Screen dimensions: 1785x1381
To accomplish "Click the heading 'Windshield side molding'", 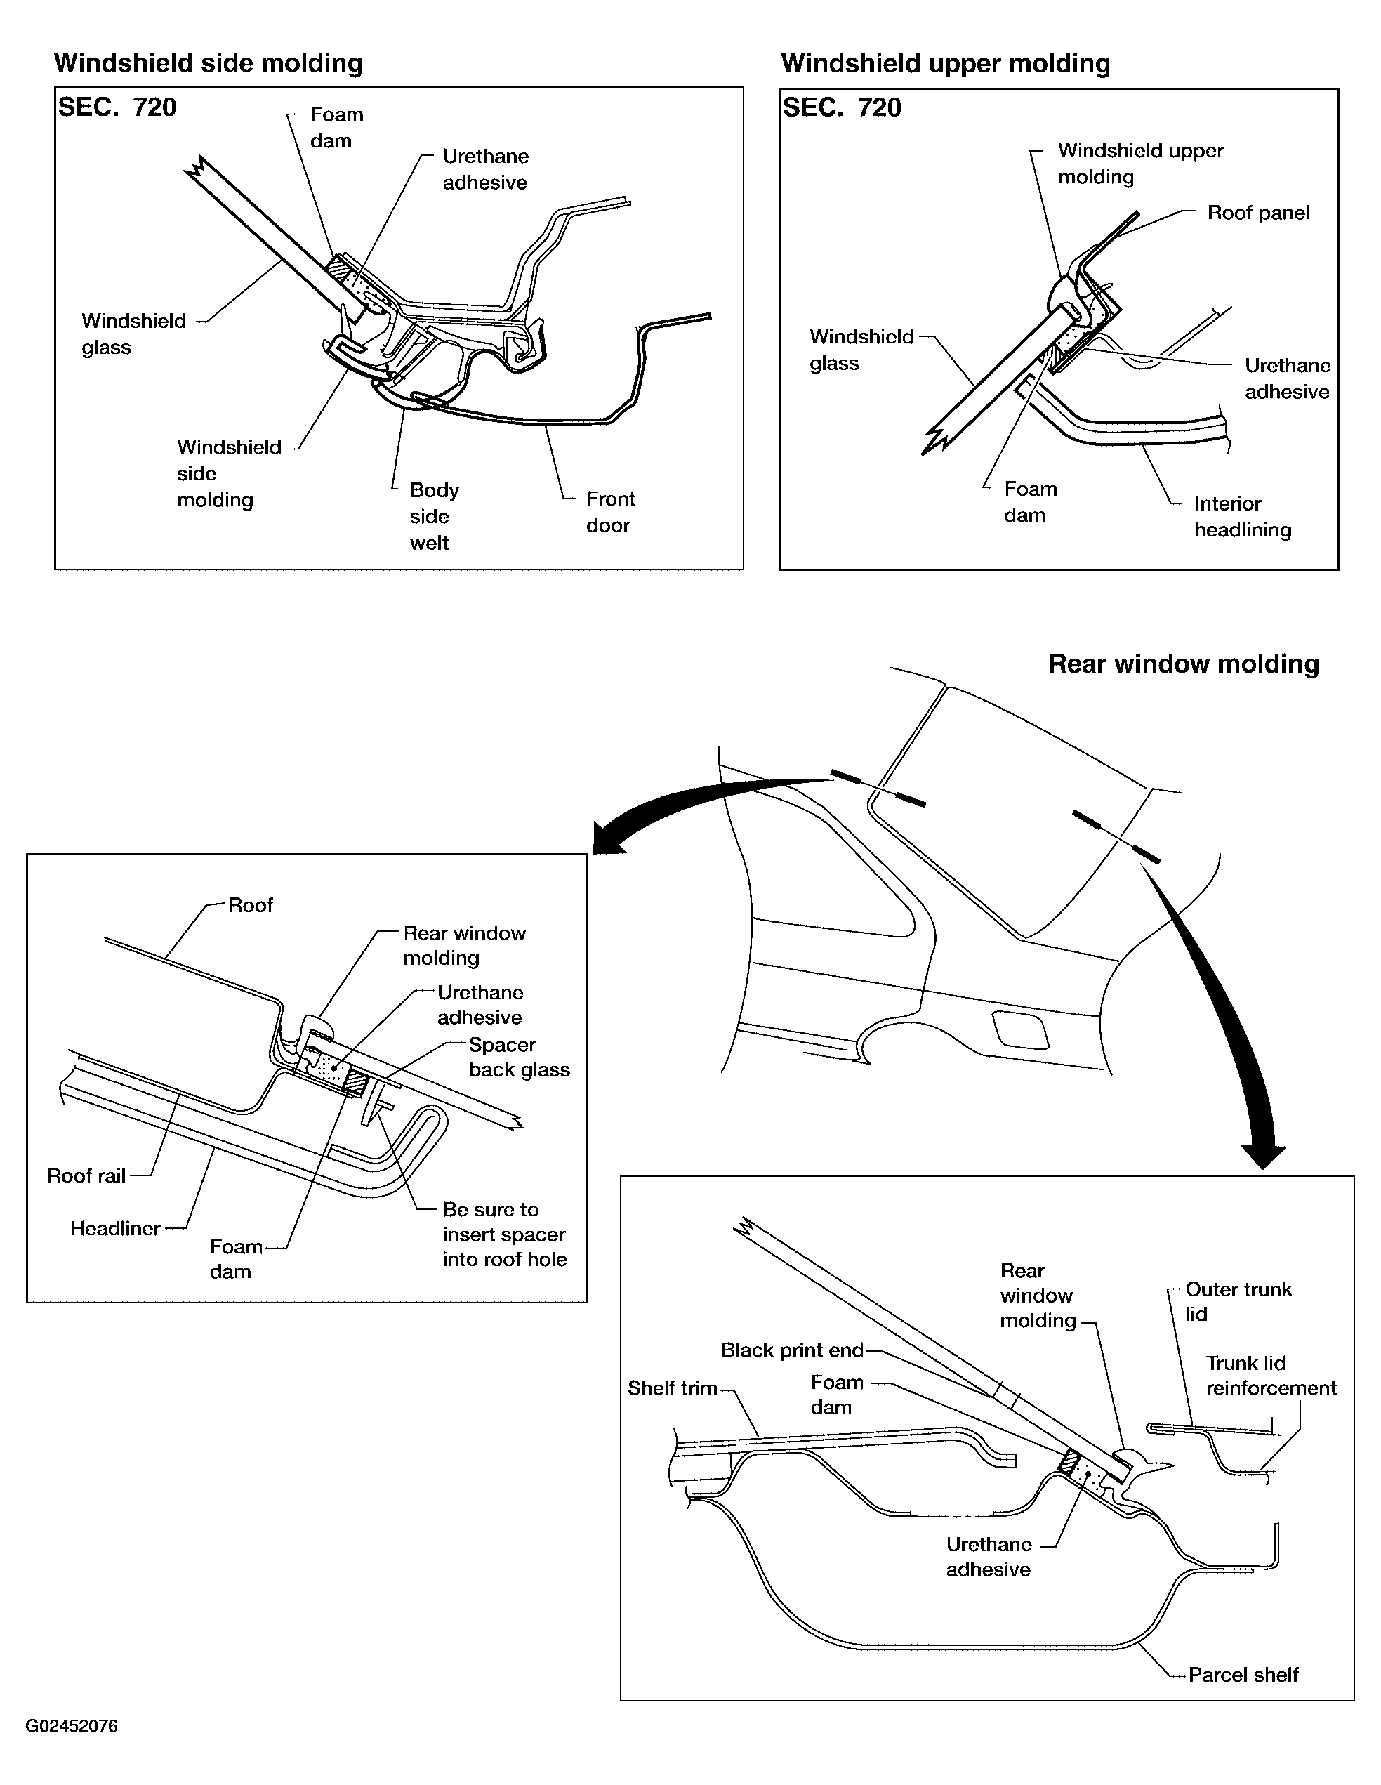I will [209, 63].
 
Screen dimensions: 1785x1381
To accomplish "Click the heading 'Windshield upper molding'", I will [946, 63].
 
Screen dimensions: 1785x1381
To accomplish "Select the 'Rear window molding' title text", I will [1183, 664].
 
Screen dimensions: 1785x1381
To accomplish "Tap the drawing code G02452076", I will [72, 1726].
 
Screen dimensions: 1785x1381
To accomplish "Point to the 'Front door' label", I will [609, 512].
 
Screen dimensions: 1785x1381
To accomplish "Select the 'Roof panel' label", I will [1258, 213].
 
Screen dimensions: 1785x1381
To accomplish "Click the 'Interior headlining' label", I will [1242, 517].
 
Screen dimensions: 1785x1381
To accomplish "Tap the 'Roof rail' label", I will [86, 1175].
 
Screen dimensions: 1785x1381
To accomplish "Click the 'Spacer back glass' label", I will [518, 1057].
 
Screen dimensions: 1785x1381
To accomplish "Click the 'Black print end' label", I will [792, 1350].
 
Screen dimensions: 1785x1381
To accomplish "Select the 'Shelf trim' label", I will [672, 1388].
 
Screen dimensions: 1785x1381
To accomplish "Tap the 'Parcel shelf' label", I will [1243, 1675].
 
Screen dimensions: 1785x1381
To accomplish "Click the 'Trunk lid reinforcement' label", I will [1270, 1375].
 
